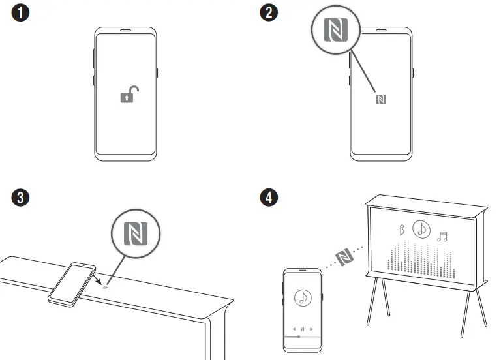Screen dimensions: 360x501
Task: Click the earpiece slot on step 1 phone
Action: [126, 30]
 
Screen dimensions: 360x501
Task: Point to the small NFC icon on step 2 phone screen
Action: [382, 99]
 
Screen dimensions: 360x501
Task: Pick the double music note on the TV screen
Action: [443, 236]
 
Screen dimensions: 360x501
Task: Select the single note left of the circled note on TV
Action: [402, 230]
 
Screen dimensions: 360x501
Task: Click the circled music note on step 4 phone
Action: [302, 298]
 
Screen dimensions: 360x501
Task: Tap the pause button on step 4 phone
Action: [302, 329]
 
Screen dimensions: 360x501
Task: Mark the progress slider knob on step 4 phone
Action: [298, 337]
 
